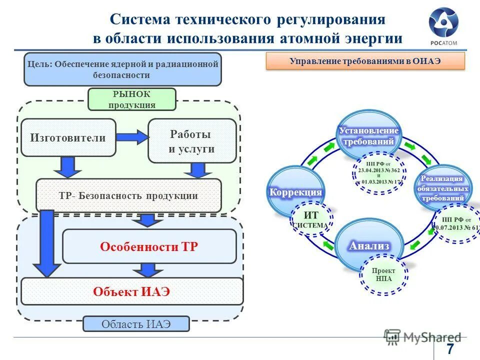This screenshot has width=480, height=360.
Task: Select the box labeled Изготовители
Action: tap(68, 137)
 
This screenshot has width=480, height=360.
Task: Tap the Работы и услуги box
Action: tap(192, 141)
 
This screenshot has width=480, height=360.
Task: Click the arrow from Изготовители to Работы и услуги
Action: tap(132, 136)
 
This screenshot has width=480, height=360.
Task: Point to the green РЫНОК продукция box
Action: tap(132, 99)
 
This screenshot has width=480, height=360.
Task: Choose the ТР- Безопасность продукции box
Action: tap(128, 195)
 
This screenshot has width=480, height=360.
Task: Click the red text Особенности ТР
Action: tap(148, 246)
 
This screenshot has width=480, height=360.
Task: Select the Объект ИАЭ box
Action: tap(132, 291)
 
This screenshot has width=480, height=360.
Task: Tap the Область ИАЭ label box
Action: tap(136, 323)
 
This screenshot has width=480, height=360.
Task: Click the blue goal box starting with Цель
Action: tap(122, 69)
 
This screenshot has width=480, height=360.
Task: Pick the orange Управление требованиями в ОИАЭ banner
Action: tap(365, 61)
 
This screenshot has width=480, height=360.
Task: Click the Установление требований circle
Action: tap(369, 136)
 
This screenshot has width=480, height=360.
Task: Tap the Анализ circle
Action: tap(369, 245)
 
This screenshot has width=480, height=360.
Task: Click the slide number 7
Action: tap(450, 348)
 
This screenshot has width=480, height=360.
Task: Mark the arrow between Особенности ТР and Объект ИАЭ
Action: tap(147, 270)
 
